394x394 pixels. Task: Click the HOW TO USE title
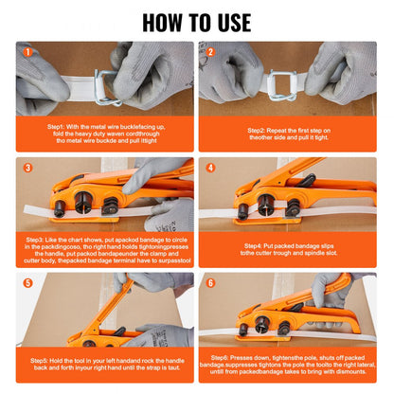coord(196,22)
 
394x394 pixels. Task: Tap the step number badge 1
coord(27,53)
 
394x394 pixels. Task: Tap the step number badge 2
coord(210,53)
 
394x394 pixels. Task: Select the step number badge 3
coord(27,169)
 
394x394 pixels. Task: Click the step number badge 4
coord(210,169)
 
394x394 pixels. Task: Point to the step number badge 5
coord(27,283)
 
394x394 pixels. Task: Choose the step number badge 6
coord(210,283)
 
